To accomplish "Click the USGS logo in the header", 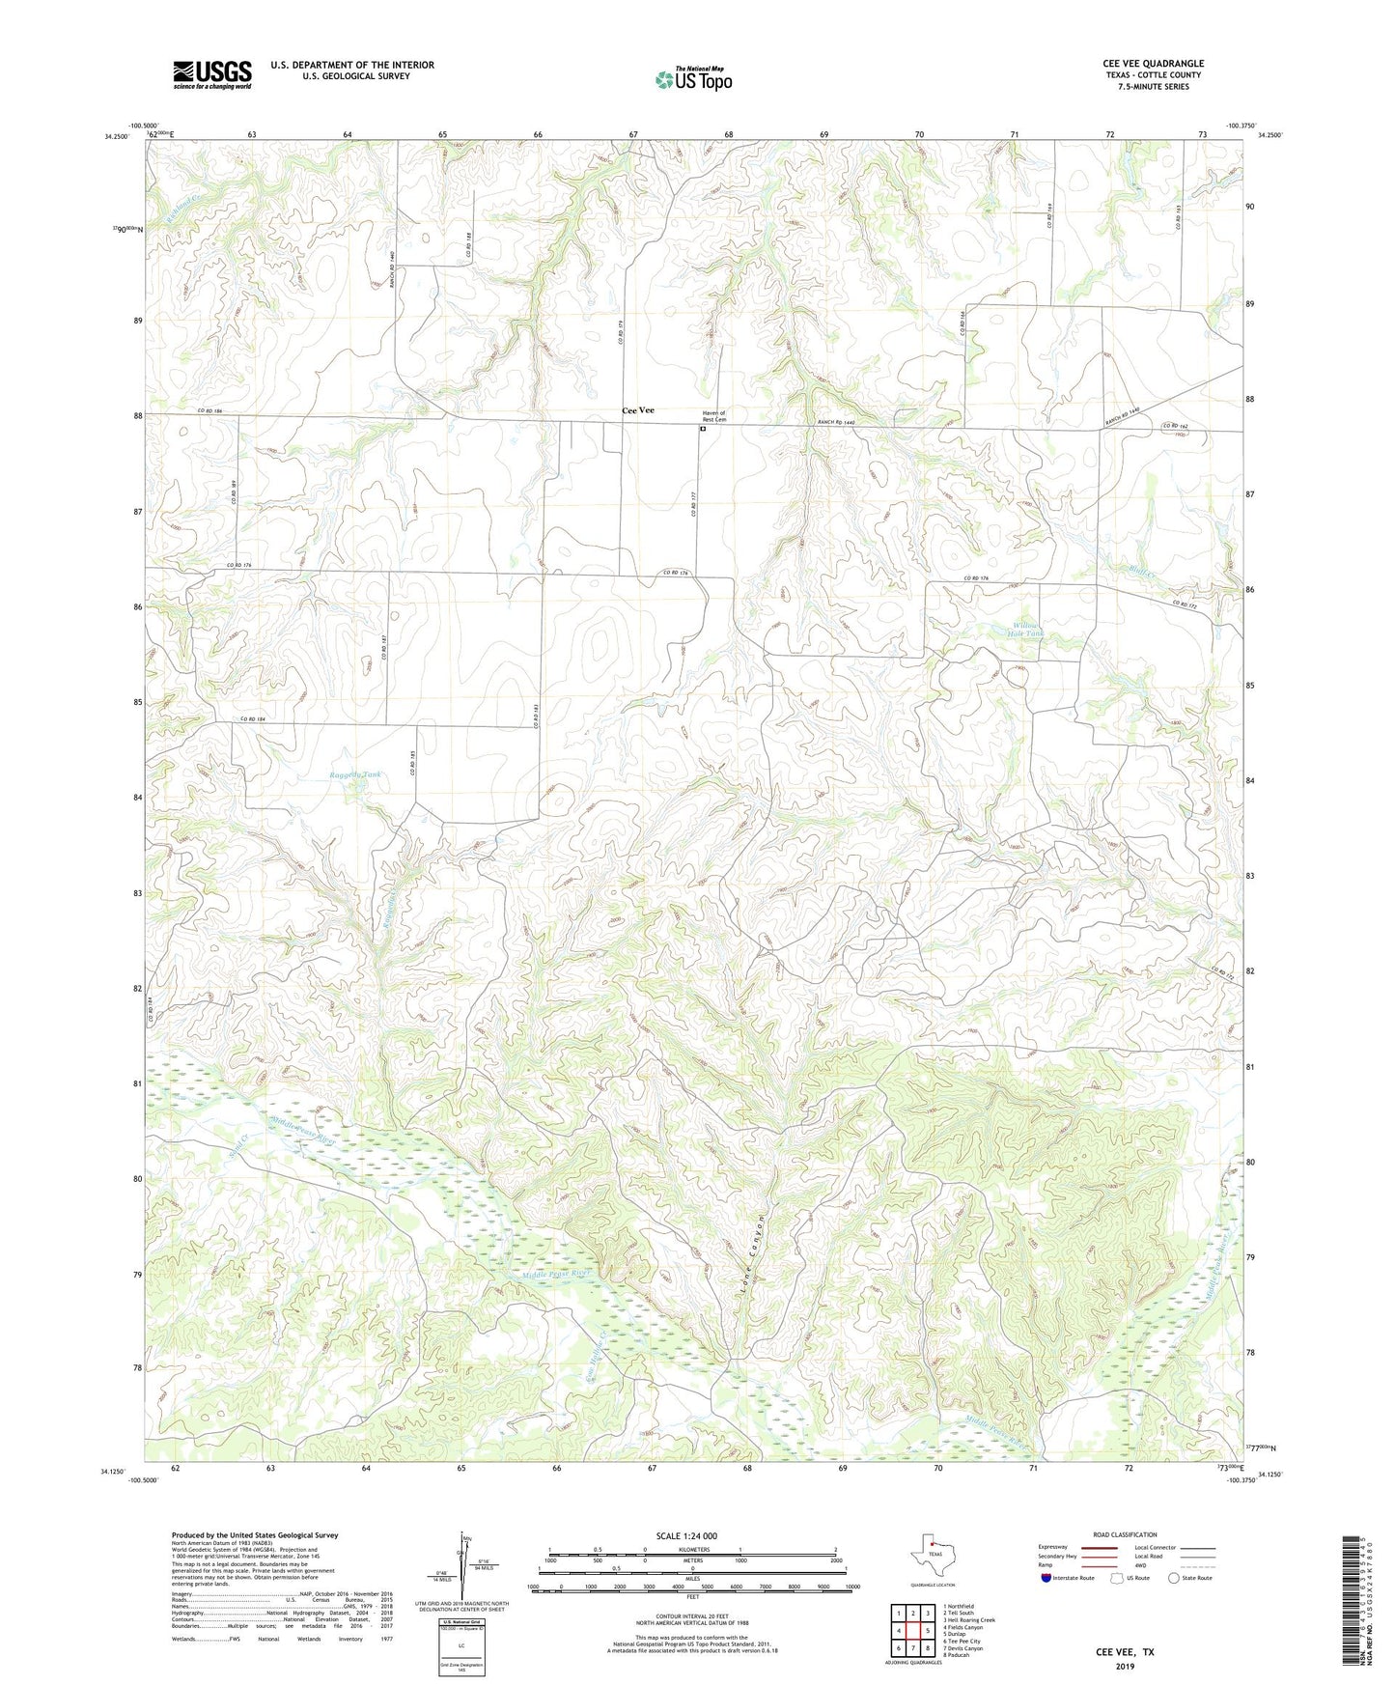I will pyautogui.click(x=212, y=74).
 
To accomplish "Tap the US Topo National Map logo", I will pyautogui.click(x=692, y=79).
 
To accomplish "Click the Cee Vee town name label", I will pyautogui.click(x=637, y=410).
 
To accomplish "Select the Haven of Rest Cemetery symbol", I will pyautogui.click(x=703, y=431).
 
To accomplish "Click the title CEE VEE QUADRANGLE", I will pyautogui.click(x=1153, y=64).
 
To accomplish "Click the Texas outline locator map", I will pyautogui.click(x=931, y=1562).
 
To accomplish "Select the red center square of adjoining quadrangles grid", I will pyautogui.click(x=912, y=1629).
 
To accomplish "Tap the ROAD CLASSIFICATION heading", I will pyautogui.click(x=1125, y=1534).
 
